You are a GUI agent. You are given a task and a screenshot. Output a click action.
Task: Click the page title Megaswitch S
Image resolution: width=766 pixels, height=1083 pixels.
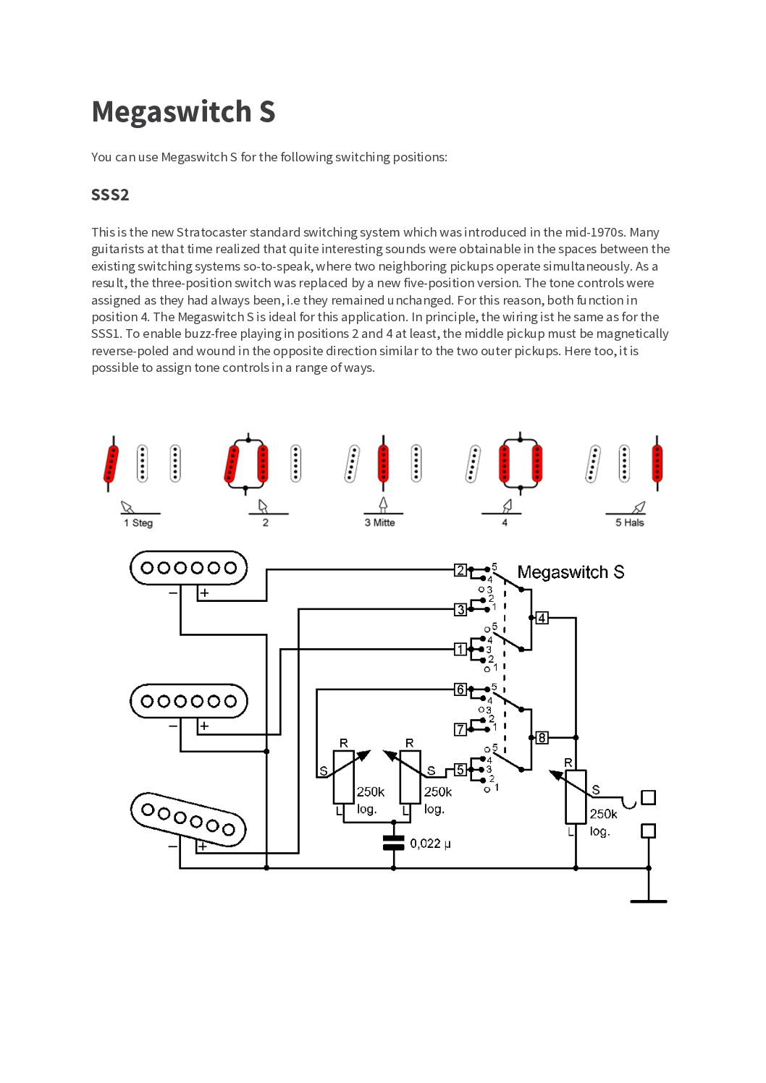(183, 112)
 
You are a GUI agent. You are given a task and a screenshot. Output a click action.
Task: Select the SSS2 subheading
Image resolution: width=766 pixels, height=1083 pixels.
(110, 195)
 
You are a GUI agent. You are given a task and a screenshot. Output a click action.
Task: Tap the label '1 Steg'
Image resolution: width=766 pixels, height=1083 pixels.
(138, 523)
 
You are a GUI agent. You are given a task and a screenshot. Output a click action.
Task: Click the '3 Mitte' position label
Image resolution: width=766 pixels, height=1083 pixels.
(379, 523)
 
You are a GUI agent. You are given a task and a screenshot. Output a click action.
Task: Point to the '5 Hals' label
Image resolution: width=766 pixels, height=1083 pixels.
(629, 523)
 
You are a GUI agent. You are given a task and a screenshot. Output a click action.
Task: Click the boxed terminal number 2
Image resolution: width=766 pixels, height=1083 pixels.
(460, 570)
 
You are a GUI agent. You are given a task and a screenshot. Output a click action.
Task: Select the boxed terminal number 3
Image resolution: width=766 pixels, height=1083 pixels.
(460, 610)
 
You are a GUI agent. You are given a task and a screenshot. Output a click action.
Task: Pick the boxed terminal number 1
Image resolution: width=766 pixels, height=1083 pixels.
(460, 650)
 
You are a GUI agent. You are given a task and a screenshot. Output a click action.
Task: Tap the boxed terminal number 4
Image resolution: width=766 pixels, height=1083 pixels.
(542, 618)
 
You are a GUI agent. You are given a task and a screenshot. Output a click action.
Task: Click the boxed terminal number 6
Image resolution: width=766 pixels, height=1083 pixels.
(460, 689)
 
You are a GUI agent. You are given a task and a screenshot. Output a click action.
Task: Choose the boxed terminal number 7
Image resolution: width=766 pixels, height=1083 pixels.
(460, 729)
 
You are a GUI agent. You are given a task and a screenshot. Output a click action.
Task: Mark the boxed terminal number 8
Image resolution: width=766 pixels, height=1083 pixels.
(542, 738)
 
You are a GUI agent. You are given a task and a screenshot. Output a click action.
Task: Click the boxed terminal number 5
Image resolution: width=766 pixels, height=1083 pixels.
(460, 770)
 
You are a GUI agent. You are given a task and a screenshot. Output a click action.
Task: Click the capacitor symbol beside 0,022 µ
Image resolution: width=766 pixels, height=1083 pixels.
(393, 843)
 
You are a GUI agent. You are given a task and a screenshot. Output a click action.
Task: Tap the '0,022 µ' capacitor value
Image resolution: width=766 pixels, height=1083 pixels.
(430, 844)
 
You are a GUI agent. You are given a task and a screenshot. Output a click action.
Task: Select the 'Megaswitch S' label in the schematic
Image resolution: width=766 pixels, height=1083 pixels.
(571, 572)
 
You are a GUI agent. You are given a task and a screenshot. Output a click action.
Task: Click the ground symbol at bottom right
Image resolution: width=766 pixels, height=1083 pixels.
(648, 900)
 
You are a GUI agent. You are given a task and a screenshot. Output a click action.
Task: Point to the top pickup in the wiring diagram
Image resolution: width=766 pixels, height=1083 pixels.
(188, 568)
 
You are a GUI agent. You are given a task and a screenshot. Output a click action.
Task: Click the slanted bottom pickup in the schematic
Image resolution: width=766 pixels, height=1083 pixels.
(188, 819)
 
